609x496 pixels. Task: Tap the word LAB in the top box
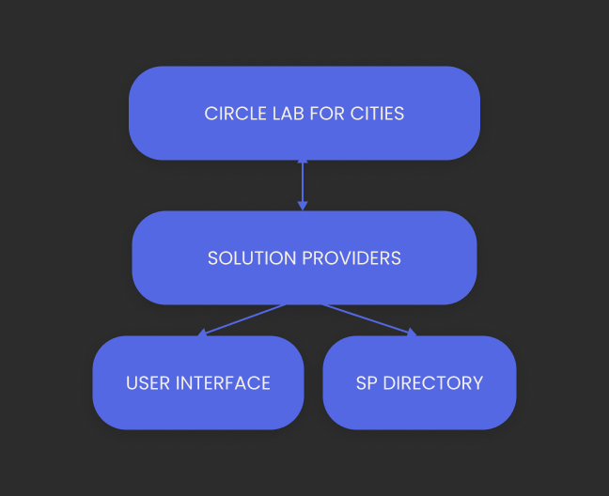tap(287, 115)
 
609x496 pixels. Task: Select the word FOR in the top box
tap(328, 115)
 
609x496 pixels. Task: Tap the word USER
tap(147, 383)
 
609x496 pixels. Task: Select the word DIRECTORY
tap(433, 383)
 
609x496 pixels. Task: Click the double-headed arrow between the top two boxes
tap(303, 184)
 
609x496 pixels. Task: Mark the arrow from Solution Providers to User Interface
tap(243, 318)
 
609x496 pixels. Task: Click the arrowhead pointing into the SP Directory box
tap(410, 332)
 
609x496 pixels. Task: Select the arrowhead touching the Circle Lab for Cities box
tap(303, 163)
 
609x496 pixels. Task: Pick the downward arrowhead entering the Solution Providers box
tap(303, 206)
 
